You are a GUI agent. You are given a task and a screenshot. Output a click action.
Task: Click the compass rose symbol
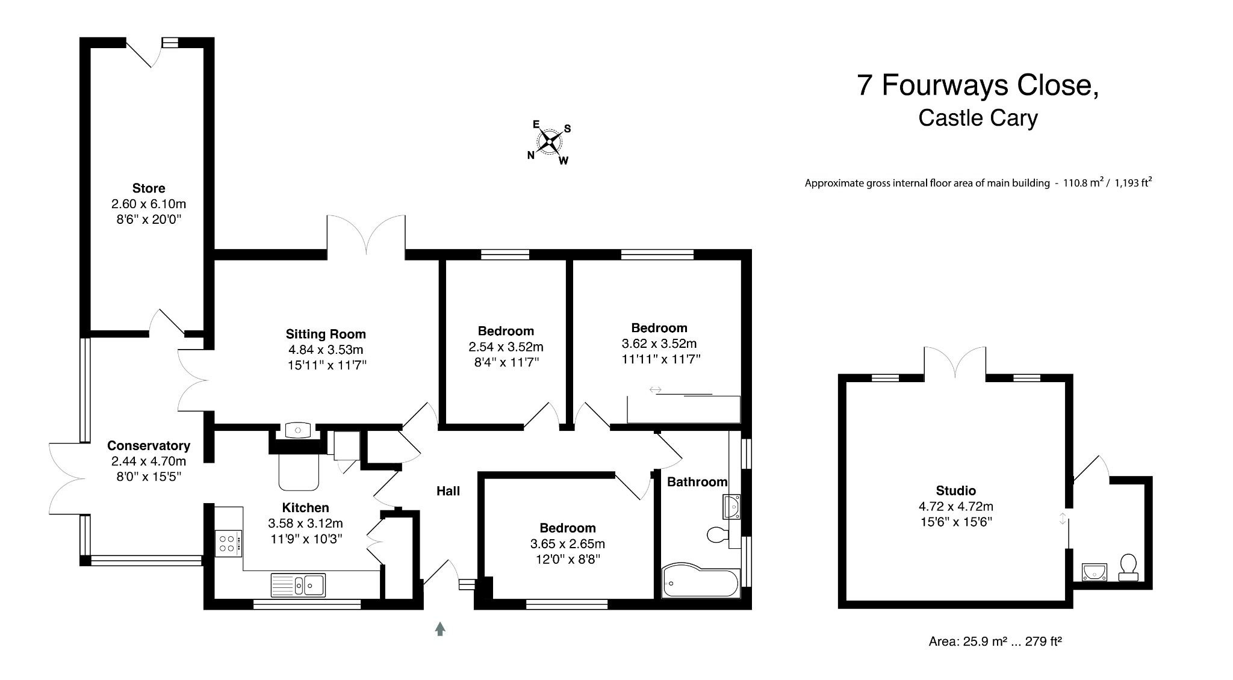[x=549, y=143]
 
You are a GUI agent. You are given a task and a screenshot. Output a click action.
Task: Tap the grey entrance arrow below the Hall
[x=440, y=629]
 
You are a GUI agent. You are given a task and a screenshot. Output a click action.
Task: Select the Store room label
[x=149, y=188]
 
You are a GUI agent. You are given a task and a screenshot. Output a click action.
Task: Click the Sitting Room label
[x=326, y=334]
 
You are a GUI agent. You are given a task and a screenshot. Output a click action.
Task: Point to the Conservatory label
[x=149, y=445]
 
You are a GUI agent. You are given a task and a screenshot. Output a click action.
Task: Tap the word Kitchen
[x=305, y=508]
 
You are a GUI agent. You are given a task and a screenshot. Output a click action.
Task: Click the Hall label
[x=448, y=491]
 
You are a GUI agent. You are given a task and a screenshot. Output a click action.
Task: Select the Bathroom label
[x=697, y=482]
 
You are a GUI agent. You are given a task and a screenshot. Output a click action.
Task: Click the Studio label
[x=956, y=490]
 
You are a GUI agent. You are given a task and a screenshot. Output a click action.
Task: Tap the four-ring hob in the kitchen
[x=228, y=543]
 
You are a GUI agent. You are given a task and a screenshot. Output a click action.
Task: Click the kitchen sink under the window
[x=298, y=584]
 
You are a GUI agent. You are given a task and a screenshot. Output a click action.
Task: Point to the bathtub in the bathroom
[x=701, y=581]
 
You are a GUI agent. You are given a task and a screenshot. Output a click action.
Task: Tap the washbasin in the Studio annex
[x=1095, y=572]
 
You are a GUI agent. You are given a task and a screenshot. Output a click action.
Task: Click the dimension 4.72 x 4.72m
[x=956, y=507]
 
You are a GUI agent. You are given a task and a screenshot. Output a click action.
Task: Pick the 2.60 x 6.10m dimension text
[x=149, y=204]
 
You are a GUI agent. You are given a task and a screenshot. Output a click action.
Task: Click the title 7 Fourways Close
[x=978, y=85]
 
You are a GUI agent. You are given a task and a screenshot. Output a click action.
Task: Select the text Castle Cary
[x=978, y=118]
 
